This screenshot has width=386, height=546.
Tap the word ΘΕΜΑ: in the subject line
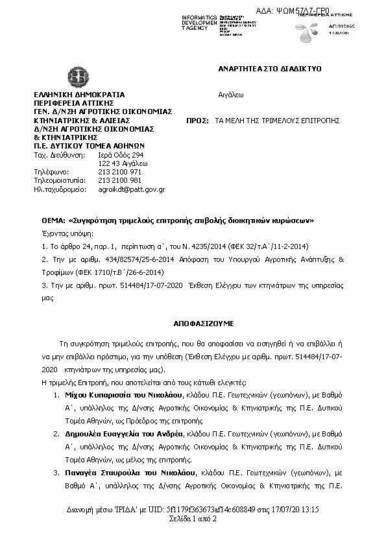click(x=49, y=220)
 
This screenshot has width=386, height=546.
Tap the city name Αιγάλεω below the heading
click(x=230, y=95)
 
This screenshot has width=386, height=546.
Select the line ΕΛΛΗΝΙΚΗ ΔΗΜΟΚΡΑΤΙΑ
click(x=79, y=95)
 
